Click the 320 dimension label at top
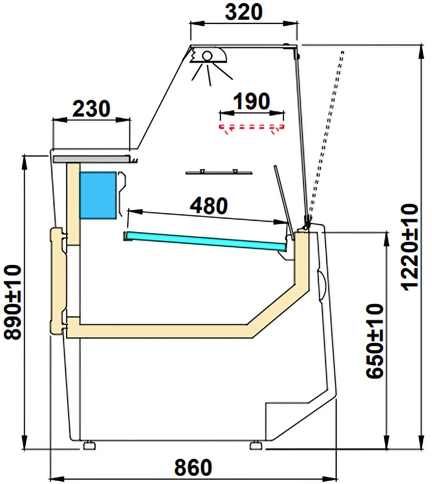pyautogui.click(x=244, y=12)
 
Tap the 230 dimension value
pyautogui.click(x=91, y=109)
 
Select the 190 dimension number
pyautogui.click(x=252, y=101)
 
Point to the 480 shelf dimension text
pyautogui.click(x=209, y=205)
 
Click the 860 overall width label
pyautogui.click(x=193, y=467)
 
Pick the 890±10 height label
pyautogui.click(x=13, y=302)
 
